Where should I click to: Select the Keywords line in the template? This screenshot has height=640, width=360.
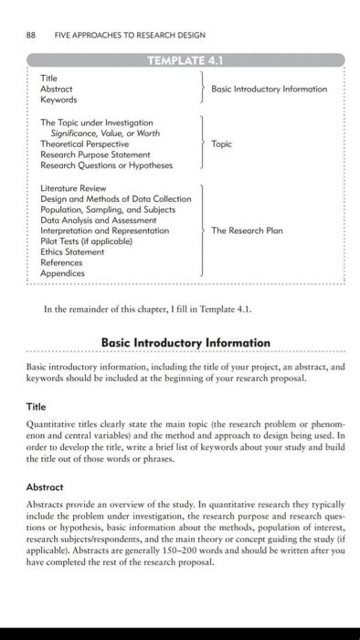pos(58,99)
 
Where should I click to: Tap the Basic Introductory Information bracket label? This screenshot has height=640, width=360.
pos(269,89)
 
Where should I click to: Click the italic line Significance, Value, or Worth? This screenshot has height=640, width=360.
pos(99,133)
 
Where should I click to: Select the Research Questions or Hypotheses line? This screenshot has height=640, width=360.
pos(106,165)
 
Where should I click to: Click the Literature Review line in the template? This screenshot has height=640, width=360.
pos(75,187)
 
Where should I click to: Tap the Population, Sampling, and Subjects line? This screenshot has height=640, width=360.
pos(111,209)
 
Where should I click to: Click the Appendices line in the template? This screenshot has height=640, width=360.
pos(62,272)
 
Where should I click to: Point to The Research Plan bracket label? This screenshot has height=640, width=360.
pos(247,230)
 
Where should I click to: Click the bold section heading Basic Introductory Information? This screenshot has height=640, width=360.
pos(185,343)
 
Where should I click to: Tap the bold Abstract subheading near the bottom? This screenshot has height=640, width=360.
pos(44,487)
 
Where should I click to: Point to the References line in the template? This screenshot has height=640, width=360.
pos(62,262)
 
